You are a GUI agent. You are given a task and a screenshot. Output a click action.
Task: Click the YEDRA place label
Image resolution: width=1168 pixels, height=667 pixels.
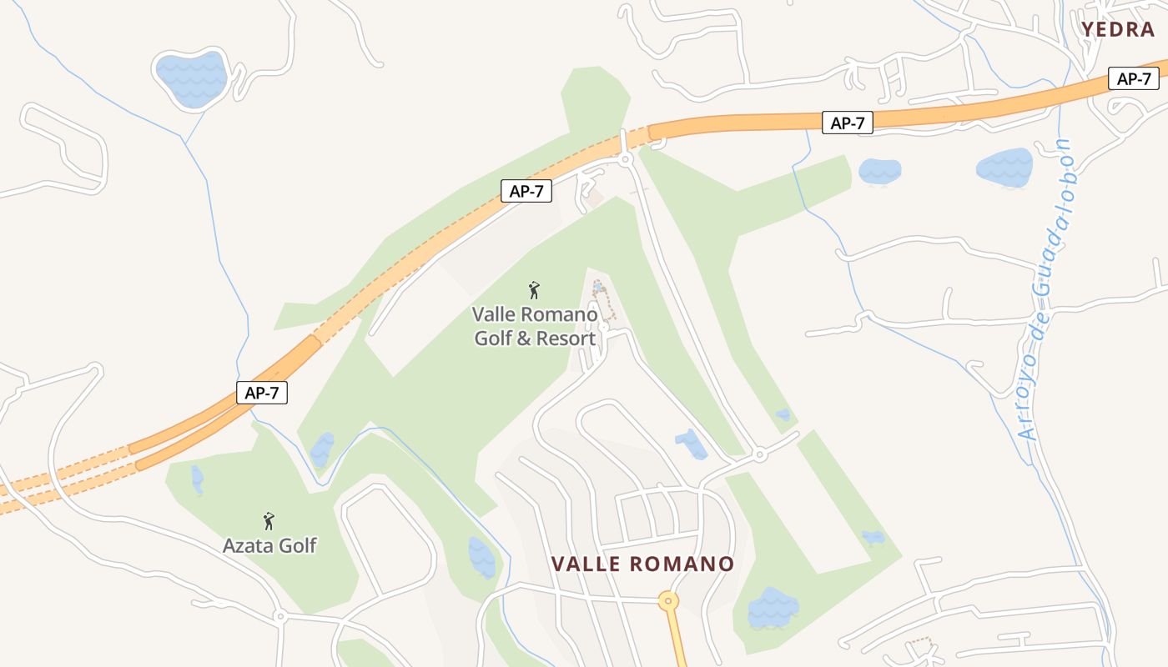[1118, 30]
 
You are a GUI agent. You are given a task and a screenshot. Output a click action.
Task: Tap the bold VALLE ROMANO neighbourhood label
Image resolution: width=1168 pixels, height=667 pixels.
[642, 564]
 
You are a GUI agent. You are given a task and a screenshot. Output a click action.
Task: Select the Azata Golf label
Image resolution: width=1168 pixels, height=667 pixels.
[269, 546]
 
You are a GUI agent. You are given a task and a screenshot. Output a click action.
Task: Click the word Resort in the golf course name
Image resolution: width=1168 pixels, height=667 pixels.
[566, 339]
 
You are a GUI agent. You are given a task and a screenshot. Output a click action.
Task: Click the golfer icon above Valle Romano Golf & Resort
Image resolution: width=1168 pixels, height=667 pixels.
[534, 290]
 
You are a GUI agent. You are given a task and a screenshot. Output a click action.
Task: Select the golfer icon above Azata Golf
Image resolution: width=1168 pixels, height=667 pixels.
[269, 521]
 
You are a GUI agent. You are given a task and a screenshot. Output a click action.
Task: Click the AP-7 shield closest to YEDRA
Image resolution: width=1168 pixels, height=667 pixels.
[1134, 79]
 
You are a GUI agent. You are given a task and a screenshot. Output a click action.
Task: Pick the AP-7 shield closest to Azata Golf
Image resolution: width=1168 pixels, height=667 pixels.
[262, 393]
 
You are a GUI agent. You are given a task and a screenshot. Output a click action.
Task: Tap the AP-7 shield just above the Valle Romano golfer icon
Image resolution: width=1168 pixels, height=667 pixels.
[526, 191]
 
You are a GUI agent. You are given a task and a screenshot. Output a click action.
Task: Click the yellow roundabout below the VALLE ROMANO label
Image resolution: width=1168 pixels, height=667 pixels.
[667, 600]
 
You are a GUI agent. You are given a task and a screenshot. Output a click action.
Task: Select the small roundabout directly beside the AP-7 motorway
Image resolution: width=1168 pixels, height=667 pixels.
[626, 159]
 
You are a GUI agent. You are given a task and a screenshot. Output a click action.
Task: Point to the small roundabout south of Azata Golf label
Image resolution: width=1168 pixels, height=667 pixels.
[280, 617]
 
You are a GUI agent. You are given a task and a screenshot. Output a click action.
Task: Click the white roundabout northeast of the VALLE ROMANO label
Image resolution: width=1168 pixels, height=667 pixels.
[759, 455]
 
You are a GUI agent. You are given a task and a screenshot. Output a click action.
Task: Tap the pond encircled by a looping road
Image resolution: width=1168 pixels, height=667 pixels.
[192, 78]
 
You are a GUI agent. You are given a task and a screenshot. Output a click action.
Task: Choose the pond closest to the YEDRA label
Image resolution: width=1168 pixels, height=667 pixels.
[1004, 167]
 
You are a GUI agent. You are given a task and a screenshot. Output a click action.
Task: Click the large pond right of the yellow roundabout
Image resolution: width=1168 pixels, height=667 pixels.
[773, 608]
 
